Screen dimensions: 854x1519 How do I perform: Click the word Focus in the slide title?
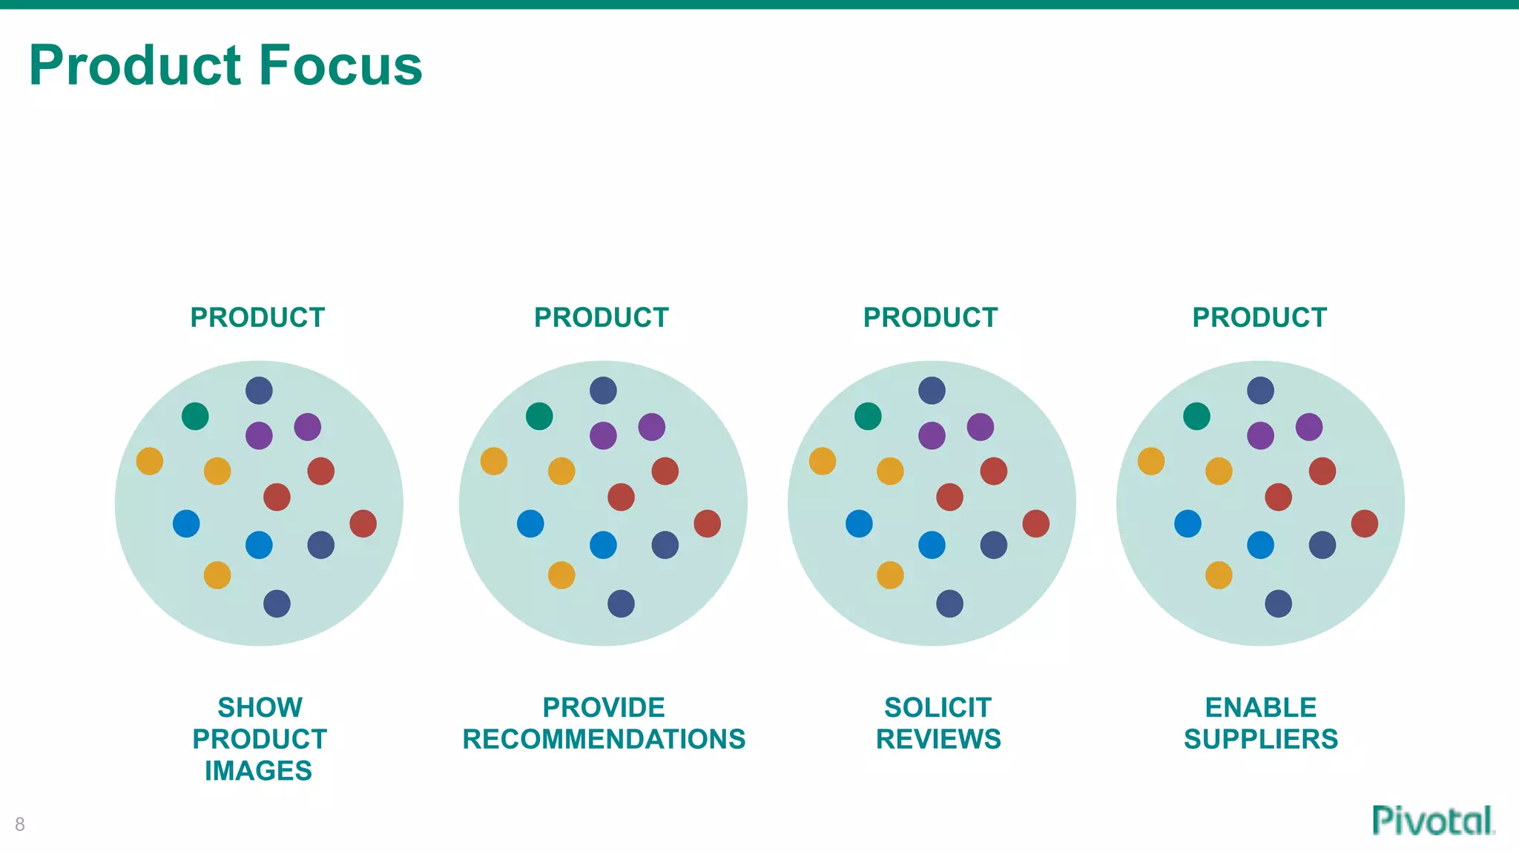pyautogui.click(x=340, y=65)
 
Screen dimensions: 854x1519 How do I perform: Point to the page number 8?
pyautogui.click(x=20, y=824)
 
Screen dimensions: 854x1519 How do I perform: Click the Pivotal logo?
pyautogui.click(x=1433, y=821)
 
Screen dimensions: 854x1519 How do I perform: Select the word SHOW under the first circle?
pyautogui.click(x=260, y=707)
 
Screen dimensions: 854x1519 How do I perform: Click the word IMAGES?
pyautogui.click(x=258, y=771)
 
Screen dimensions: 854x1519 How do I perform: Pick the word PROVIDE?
pyautogui.click(x=604, y=707)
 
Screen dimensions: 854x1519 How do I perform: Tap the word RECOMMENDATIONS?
pyautogui.click(x=604, y=739)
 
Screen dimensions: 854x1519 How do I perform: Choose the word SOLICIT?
pyautogui.click(x=938, y=707)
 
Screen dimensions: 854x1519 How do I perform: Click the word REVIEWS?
pyautogui.click(x=938, y=739)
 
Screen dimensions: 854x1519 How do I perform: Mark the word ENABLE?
pyautogui.click(x=1261, y=707)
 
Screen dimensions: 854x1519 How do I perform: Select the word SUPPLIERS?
pyautogui.click(x=1261, y=739)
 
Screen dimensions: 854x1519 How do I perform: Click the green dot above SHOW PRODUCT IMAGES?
pyautogui.click(x=195, y=416)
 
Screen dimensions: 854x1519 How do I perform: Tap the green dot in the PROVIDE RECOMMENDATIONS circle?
pyautogui.click(x=539, y=416)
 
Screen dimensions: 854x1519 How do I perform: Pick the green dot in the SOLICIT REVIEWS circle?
pyautogui.click(x=868, y=416)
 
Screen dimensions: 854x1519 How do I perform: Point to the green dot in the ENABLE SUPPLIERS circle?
pyautogui.click(x=1196, y=416)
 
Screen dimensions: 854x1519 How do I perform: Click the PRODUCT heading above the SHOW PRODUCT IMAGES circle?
pyautogui.click(x=257, y=317)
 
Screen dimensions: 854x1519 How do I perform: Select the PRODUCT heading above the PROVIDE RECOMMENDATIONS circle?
pyautogui.click(x=602, y=317)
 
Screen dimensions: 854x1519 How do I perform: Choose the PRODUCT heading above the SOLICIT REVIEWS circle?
pyautogui.click(x=930, y=317)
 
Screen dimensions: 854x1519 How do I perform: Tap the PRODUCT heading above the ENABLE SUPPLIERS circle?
pyautogui.click(x=1259, y=317)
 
